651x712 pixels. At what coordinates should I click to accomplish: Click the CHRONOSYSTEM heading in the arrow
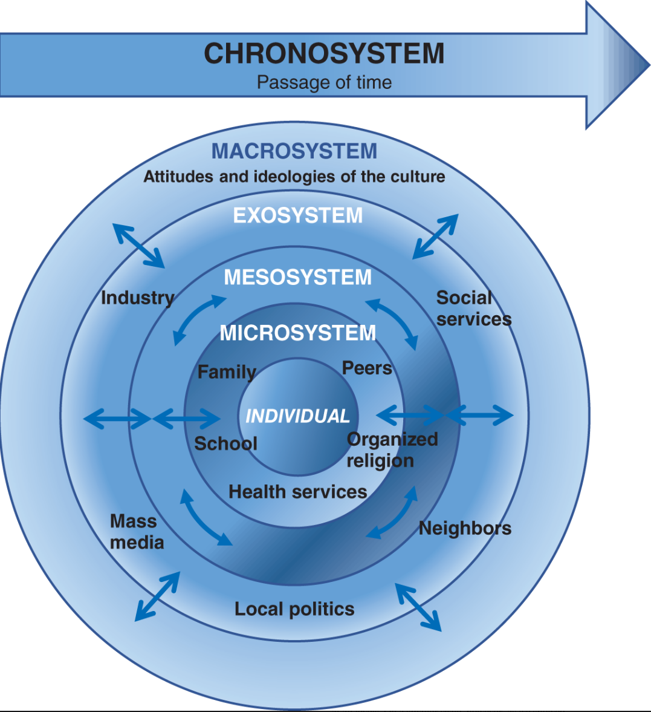[x=324, y=54]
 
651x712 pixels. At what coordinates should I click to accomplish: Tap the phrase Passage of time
[x=324, y=82]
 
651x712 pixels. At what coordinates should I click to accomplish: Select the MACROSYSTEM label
[x=294, y=151]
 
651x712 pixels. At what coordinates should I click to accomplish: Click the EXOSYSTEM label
[x=298, y=215]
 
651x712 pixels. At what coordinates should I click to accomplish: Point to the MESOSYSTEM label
[x=298, y=277]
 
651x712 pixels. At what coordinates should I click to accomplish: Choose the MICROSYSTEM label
[x=298, y=333]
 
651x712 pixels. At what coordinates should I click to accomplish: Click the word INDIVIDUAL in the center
[x=297, y=416]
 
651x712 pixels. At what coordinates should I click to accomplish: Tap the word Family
[x=227, y=371]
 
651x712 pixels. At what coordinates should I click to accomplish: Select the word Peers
[x=367, y=368]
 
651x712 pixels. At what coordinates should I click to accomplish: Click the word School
[x=225, y=443]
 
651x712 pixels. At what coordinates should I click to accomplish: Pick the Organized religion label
[x=392, y=450]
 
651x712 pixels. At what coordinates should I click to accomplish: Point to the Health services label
[x=297, y=492]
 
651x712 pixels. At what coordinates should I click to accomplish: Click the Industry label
[x=137, y=298]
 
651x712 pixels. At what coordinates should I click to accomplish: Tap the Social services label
[x=473, y=309]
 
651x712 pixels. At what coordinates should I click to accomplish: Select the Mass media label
[x=137, y=532]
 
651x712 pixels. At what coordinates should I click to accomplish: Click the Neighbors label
[x=465, y=528]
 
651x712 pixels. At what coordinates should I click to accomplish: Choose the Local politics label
[x=294, y=609]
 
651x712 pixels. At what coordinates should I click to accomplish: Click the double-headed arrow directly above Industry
[x=139, y=246]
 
